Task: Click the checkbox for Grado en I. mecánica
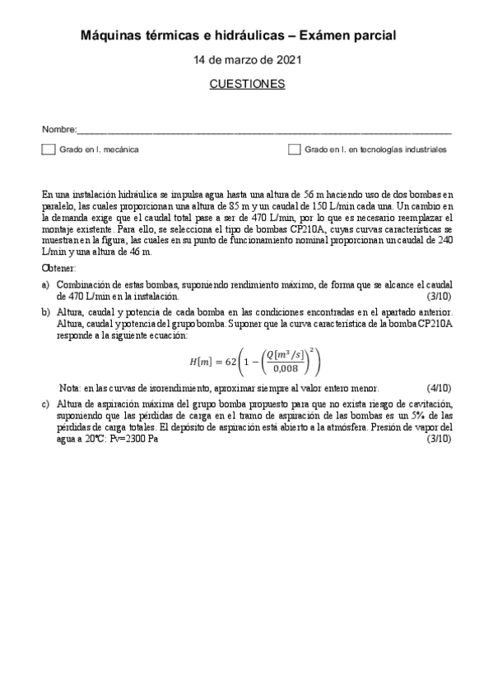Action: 49,150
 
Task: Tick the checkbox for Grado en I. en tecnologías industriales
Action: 294,150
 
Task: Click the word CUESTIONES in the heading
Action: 247,84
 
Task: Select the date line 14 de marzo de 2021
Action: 246,61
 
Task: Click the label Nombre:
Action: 58,130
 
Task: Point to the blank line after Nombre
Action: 263,132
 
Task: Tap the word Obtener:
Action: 58,269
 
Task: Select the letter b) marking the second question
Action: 46,314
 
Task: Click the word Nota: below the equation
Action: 70,387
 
